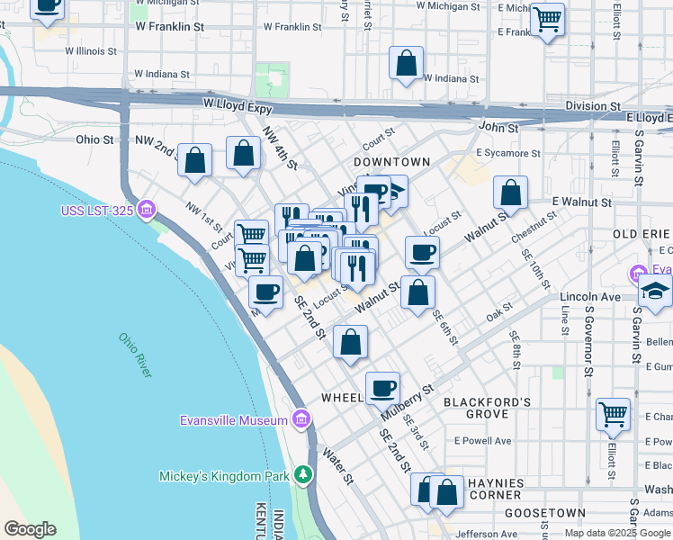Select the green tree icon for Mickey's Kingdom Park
pyautogui.click(x=303, y=475)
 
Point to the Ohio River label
pyautogui.click(x=136, y=355)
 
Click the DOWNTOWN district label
pyautogui.click(x=391, y=162)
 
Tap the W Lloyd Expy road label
pyautogui.click(x=236, y=104)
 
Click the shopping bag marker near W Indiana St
pyautogui.click(x=407, y=64)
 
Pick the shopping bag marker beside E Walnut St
pyautogui.click(x=510, y=193)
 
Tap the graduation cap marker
pyautogui.click(x=656, y=292)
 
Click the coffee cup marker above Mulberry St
pyautogui.click(x=382, y=388)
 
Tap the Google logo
pyautogui.click(x=30, y=529)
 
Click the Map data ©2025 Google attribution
pyautogui.click(x=616, y=533)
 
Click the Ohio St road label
pyautogui.click(x=94, y=139)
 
